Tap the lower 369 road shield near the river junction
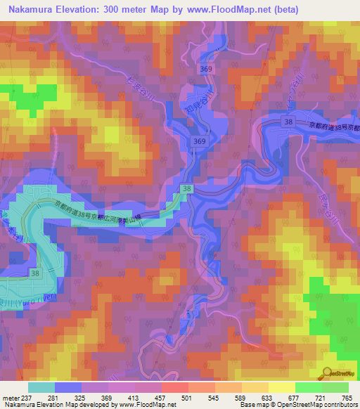[199, 143]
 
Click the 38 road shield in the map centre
[186, 189]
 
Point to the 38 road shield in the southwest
[34, 271]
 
